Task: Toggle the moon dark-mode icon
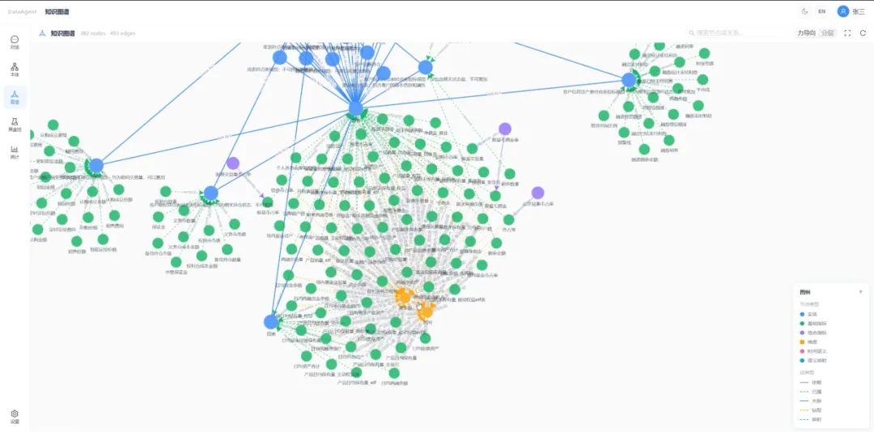(x=804, y=11)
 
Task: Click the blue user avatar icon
(x=843, y=11)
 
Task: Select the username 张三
(x=858, y=11)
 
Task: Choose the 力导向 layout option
(x=806, y=33)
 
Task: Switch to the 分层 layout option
(x=827, y=33)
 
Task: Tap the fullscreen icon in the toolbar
(x=847, y=33)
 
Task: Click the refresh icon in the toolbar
(x=863, y=33)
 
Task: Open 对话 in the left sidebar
(x=15, y=42)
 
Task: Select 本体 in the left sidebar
(x=15, y=70)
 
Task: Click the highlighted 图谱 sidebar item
(x=15, y=97)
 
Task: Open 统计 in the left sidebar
(x=15, y=151)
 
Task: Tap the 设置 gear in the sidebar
(x=15, y=416)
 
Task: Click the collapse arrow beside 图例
(x=860, y=292)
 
